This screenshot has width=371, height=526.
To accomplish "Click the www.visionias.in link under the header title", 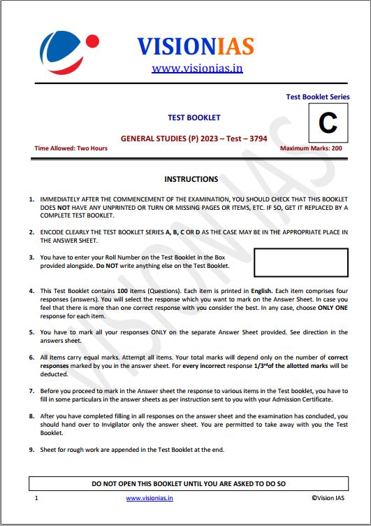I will coord(197,68).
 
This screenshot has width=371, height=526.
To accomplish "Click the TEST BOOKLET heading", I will coord(194,118).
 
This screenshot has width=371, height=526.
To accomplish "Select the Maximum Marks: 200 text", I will coord(311,148).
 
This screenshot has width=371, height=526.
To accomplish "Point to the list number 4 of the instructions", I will coord(31,290).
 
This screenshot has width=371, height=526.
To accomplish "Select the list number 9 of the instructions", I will coord(31,449).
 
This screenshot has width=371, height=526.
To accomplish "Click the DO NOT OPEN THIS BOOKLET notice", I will coord(189,483).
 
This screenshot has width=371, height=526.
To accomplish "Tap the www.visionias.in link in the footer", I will coord(150,498).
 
